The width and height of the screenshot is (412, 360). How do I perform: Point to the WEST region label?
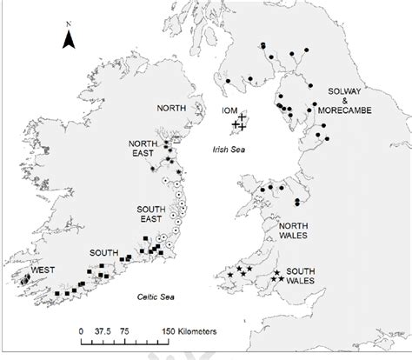(32, 270)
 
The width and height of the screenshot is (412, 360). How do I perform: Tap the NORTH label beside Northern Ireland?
(172, 109)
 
